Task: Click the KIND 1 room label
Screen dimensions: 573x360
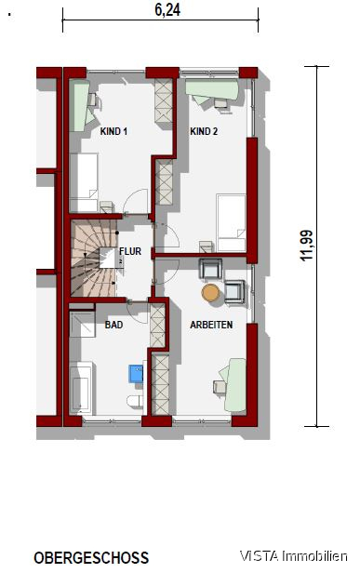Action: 113,131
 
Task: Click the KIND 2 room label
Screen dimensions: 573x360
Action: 204,131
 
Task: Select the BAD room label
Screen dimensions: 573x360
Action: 113,326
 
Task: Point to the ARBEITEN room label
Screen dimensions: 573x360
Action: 211,326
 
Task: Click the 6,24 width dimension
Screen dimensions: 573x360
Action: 161,11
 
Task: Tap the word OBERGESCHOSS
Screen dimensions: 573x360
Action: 91,558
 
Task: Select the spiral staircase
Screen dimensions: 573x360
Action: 92,258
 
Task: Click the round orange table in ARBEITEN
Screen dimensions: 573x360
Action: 210,293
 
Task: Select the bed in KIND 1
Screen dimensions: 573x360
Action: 87,181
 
